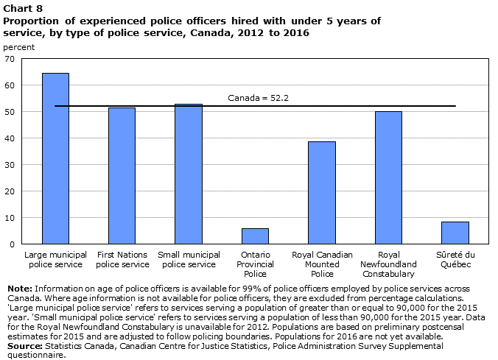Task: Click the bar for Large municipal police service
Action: click(55, 158)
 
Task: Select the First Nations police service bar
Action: click(122, 176)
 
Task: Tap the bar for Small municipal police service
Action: click(189, 174)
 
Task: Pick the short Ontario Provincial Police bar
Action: click(255, 236)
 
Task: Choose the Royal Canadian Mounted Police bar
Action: click(322, 193)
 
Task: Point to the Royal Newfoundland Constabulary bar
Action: click(388, 177)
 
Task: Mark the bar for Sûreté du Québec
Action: click(455, 233)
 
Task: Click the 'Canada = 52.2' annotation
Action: click(259, 98)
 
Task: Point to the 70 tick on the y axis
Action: click(10, 59)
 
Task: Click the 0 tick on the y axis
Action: click(12, 244)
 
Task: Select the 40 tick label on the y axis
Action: click(10, 138)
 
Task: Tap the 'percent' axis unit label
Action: click(18, 47)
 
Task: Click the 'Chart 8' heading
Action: click(23, 8)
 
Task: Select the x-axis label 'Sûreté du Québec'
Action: click(455, 259)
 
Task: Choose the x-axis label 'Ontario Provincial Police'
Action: click(256, 264)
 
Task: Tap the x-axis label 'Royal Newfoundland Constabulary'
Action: click(388, 264)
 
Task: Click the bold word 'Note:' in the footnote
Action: click(20, 289)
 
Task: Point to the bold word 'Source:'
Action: click(25, 346)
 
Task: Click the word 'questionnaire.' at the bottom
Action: click(37, 356)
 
